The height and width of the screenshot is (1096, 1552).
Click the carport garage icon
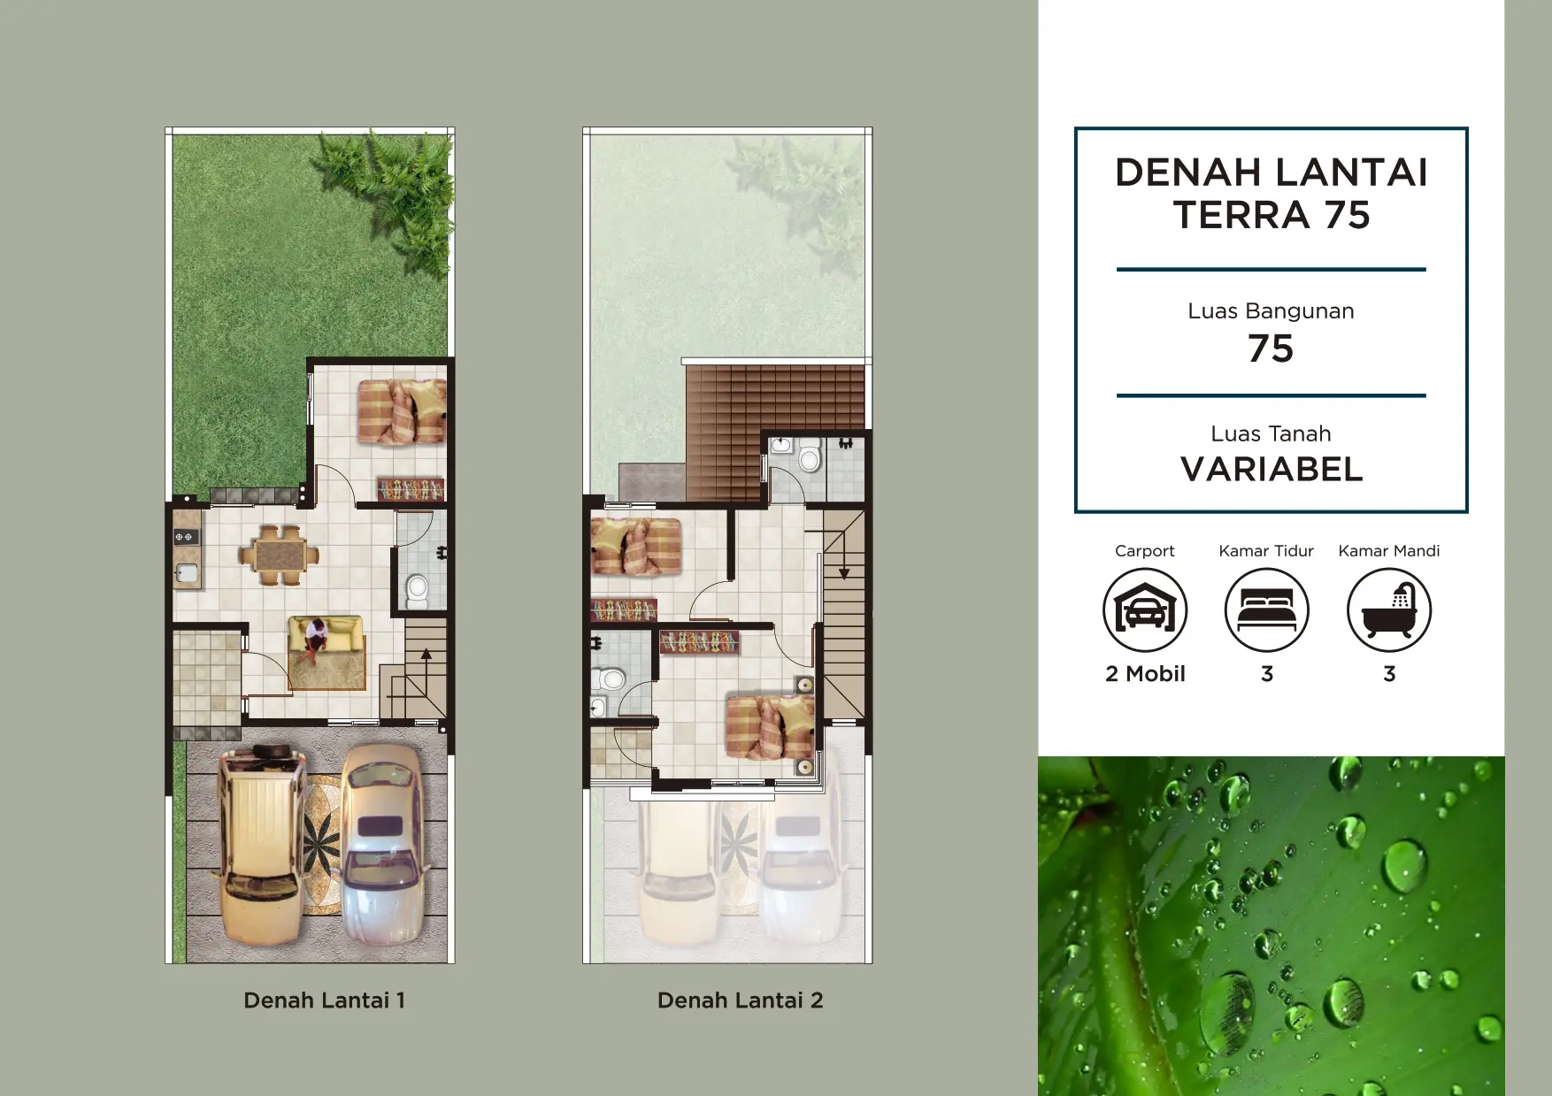pyautogui.click(x=1145, y=610)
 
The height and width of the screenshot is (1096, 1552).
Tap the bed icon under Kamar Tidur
pyautogui.click(x=1267, y=610)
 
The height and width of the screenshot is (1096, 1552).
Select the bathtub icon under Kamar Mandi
pyautogui.click(x=1389, y=610)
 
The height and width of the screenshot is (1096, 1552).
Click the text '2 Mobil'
pyautogui.click(x=1145, y=674)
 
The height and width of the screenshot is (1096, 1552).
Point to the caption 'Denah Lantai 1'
pyautogui.click(x=324, y=1000)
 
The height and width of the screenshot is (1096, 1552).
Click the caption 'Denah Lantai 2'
pyautogui.click(x=741, y=1000)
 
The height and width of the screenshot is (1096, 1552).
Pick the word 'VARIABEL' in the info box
pyautogui.click(x=1272, y=470)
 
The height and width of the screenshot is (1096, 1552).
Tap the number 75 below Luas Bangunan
pyautogui.click(x=1271, y=349)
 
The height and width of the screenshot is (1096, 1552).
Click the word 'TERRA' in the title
pyautogui.click(x=1241, y=215)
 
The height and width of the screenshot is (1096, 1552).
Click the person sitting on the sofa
pyautogui.click(x=314, y=640)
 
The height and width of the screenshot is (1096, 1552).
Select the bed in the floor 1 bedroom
pyautogui.click(x=402, y=411)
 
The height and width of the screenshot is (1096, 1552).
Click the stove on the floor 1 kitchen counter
pyautogui.click(x=185, y=537)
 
